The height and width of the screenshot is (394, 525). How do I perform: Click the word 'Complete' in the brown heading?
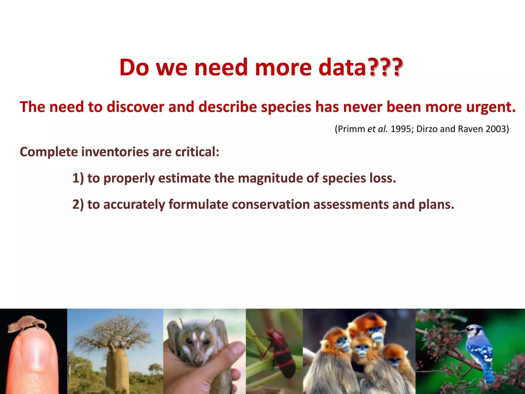(49, 152)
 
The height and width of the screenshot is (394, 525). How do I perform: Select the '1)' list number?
(78, 178)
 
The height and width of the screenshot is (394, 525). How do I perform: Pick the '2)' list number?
(78, 204)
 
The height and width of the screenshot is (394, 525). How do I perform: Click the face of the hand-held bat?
(196, 344)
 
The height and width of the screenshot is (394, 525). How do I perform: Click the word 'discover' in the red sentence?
(135, 107)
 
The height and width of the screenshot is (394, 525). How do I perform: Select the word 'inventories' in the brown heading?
(115, 152)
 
